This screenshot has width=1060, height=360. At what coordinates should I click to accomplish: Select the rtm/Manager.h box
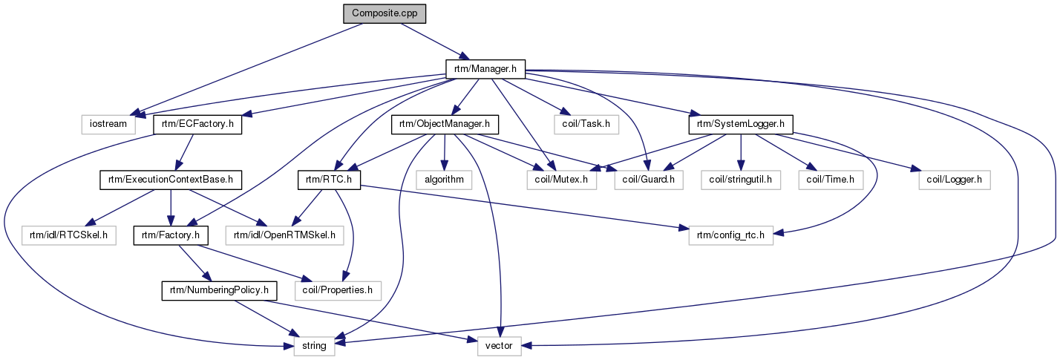(x=485, y=69)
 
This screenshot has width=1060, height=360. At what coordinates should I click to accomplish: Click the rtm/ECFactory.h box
(x=197, y=124)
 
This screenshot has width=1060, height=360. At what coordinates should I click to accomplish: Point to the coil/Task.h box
(x=586, y=124)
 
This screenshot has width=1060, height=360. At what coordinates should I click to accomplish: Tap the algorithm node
(x=444, y=179)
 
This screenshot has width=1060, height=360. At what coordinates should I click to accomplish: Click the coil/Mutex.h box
(x=561, y=179)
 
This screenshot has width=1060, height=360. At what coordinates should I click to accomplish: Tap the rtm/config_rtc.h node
(x=724, y=235)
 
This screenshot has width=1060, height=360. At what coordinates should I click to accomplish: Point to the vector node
(x=499, y=345)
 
